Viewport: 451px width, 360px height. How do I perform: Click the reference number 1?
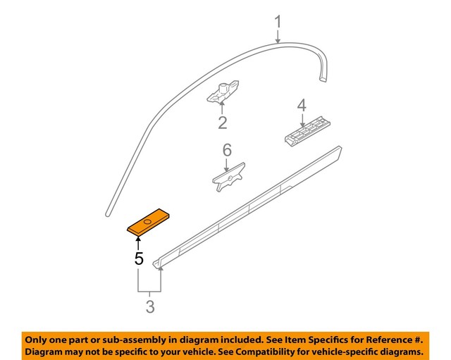(x=278, y=22)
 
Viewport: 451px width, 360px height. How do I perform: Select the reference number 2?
(x=222, y=124)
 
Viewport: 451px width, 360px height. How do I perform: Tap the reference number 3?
(x=150, y=306)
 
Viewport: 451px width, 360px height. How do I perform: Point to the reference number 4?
(x=302, y=106)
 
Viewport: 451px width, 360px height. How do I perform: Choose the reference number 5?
(x=139, y=258)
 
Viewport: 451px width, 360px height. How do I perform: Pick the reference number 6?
(x=226, y=150)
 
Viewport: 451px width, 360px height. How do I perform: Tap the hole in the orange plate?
(x=147, y=223)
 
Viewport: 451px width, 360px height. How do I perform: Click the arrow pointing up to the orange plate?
(x=138, y=243)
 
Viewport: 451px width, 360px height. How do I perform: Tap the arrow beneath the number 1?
(x=278, y=37)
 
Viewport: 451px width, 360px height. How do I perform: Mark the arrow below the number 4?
(x=302, y=120)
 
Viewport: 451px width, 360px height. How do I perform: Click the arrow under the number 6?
(x=226, y=164)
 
